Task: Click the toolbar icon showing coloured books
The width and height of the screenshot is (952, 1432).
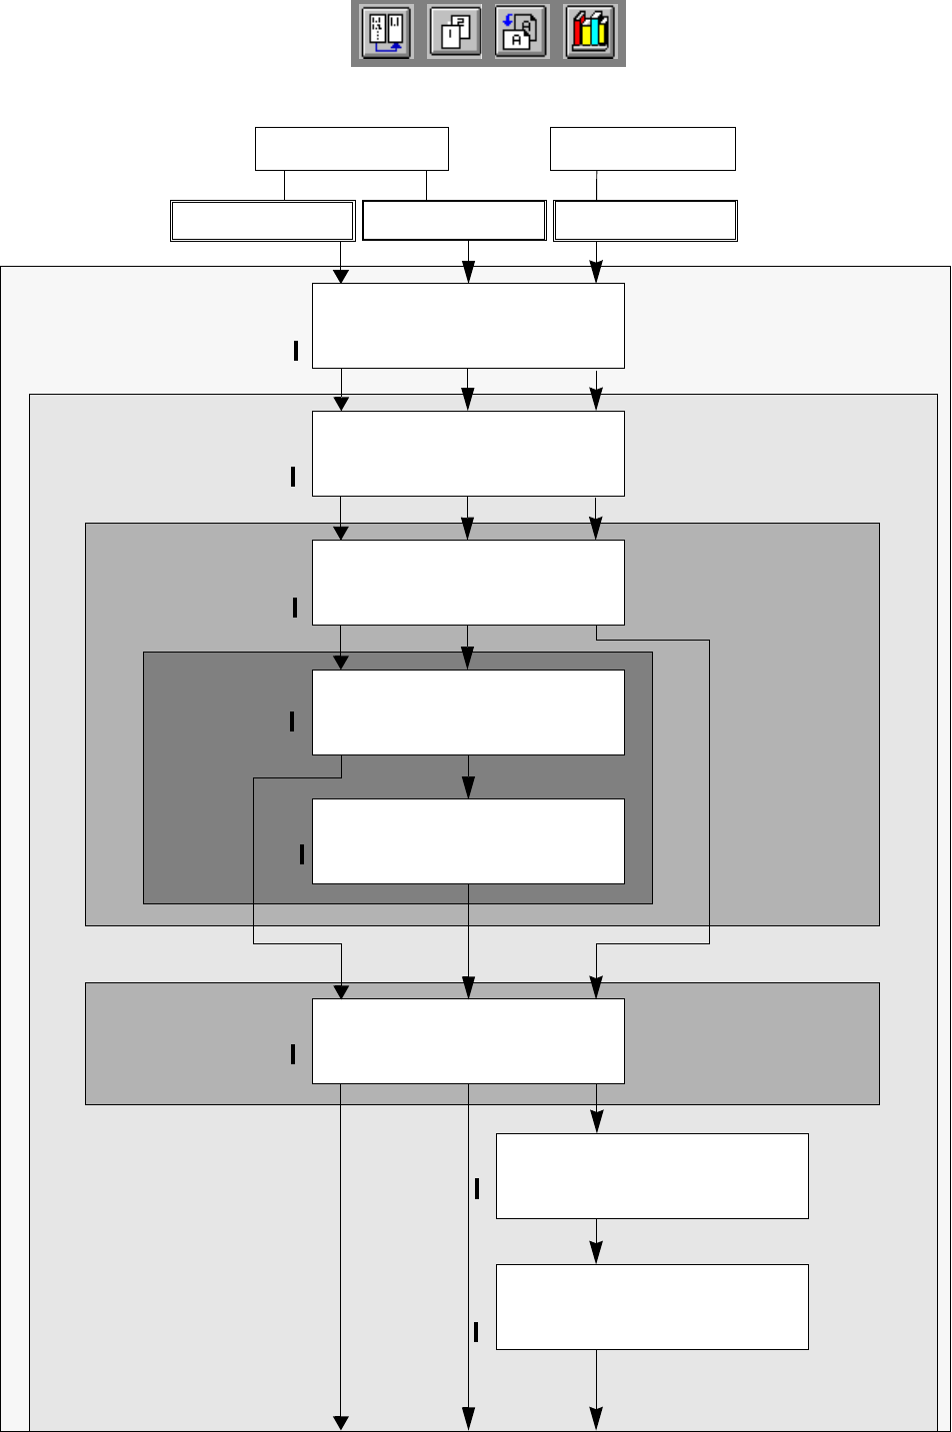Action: (590, 33)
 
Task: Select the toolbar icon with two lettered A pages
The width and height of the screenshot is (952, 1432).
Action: (522, 33)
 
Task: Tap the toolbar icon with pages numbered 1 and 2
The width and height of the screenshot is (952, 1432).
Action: (455, 33)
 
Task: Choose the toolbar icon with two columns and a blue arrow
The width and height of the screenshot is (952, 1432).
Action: (387, 33)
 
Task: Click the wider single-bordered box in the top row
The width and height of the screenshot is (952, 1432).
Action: (352, 149)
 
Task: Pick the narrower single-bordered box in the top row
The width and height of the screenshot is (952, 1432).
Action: (643, 149)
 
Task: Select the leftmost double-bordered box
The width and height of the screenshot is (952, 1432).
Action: (263, 221)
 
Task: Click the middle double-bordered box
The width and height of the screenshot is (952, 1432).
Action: (454, 221)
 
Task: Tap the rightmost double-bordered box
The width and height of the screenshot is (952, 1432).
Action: (645, 221)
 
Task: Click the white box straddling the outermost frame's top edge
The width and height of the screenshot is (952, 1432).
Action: (468, 326)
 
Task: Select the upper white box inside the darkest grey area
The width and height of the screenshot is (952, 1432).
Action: (468, 712)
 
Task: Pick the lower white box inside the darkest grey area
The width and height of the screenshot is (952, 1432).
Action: (468, 840)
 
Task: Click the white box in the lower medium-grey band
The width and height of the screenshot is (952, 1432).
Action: (468, 1040)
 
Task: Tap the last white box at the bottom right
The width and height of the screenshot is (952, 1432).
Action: (652, 1307)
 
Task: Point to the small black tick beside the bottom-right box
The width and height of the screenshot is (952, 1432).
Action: (476, 1332)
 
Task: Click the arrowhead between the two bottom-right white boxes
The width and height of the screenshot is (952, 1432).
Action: (597, 1253)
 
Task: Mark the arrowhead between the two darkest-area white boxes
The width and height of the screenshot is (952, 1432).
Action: (468, 788)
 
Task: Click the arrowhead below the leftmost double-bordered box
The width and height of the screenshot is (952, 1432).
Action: (341, 275)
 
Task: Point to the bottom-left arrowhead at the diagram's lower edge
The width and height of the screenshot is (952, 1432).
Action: (341, 1422)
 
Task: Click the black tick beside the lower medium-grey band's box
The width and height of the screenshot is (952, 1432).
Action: (293, 1053)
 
